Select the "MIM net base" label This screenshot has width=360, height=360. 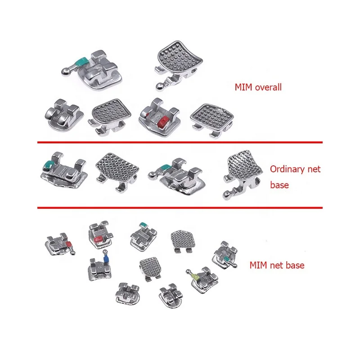[x=277, y=265]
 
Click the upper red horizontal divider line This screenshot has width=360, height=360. [x=180, y=142]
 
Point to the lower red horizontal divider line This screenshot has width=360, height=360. [x=180, y=207]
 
